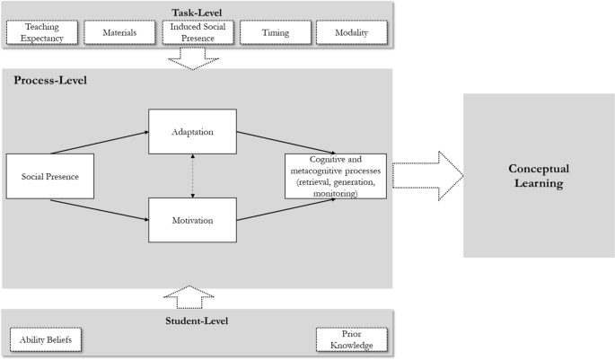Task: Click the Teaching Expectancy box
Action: [43, 33]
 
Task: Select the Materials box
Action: [120, 33]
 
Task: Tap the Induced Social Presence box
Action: [199, 33]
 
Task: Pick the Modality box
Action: [355, 33]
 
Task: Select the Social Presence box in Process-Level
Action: [45, 176]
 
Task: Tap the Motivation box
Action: [193, 219]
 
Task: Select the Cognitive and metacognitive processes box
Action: [335, 175]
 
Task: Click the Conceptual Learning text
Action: [536, 176]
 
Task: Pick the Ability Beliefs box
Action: [47, 340]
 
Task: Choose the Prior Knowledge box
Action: [351, 340]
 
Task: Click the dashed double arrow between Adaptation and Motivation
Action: [193, 175]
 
